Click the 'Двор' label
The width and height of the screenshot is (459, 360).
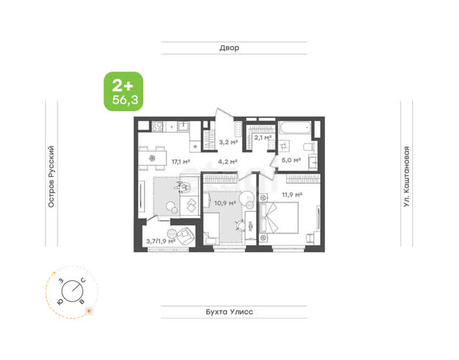point(229,48)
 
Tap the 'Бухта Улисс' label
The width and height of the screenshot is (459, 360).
point(229,312)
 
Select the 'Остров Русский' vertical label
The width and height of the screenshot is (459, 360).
point(51,176)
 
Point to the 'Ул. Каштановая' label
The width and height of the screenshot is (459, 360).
point(407,176)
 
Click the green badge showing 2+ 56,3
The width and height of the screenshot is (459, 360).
point(123,91)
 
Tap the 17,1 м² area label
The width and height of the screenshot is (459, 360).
point(181,161)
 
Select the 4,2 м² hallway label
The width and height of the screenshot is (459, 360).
point(227,161)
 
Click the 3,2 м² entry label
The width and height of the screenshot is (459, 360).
point(228,142)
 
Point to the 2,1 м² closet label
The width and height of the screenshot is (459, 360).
point(262,137)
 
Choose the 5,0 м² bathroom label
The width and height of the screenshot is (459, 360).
point(291,160)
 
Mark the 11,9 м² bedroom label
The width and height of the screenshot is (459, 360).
point(292,194)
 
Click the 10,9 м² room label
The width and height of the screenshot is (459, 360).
point(224,203)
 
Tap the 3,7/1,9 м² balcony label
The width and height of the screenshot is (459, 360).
point(161,241)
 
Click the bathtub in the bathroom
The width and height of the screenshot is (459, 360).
point(295,128)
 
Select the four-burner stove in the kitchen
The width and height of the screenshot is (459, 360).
point(156,126)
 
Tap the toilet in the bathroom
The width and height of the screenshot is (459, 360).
point(308,146)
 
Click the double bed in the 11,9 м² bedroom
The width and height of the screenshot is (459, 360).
point(279,218)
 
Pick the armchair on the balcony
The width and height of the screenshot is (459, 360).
point(186,235)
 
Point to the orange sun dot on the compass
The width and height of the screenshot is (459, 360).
point(89,311)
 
